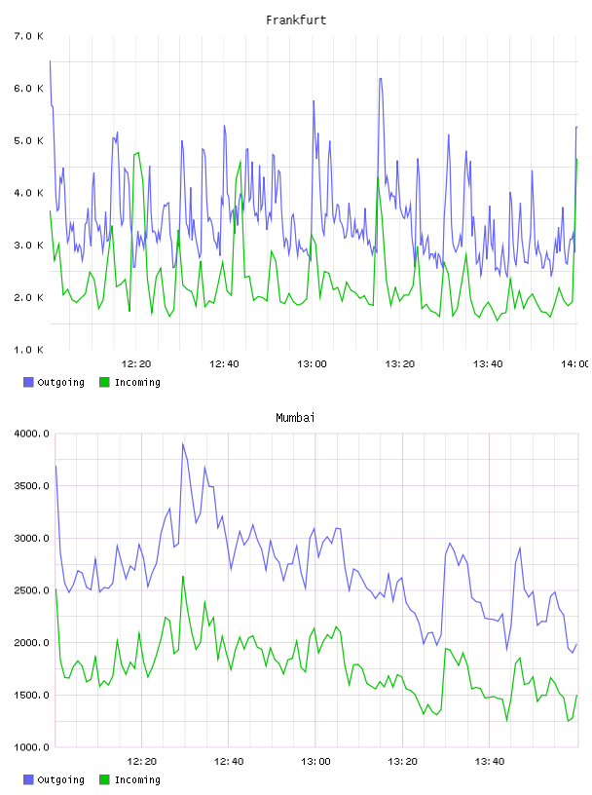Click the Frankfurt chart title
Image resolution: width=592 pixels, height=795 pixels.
coord(296,20)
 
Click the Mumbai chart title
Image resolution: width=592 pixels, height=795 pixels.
coord(295,418)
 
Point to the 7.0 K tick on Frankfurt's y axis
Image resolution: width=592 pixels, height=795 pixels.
coord(29,36)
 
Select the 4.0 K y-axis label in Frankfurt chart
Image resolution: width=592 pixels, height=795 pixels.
coord(29,193)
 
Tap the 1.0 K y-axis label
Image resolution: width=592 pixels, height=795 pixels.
coord(29,350)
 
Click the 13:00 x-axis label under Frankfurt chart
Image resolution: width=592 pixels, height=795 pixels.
coord(313,364)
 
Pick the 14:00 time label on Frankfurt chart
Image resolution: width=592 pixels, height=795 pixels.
coord(575,364)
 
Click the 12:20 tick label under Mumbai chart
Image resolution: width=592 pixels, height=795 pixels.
coord(142,762)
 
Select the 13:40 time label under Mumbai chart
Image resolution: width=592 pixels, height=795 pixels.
coord(490,762)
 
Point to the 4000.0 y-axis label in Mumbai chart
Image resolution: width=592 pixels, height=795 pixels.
coord(32,434)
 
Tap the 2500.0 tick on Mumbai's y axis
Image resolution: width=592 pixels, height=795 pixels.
coord(32,590)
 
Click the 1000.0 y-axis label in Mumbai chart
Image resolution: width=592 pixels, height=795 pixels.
coord(32,747)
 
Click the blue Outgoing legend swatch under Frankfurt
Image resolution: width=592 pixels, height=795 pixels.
coord(28,382)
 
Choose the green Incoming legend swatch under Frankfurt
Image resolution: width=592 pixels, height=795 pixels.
coord(104,382)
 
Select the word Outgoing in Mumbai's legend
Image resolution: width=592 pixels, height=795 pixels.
coord(61,779)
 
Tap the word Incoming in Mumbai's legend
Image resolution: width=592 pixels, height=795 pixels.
coord(138,779)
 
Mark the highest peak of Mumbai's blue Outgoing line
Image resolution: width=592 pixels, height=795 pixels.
coord(183,443)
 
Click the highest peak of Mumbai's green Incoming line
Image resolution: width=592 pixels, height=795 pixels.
coord(183,577)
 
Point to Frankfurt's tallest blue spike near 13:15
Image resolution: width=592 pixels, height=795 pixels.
coord(380,79)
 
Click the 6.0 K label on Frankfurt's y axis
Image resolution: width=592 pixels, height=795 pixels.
coord(29,89)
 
